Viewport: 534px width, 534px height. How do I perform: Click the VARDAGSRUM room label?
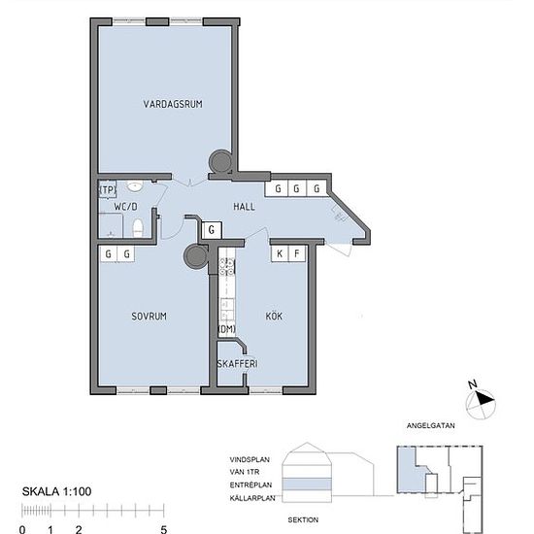tap(172, 104)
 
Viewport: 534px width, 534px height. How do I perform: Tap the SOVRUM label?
tap(150, 317)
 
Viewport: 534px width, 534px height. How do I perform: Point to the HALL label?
tap(244, 207)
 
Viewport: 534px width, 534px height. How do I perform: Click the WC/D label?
tap(126, 207)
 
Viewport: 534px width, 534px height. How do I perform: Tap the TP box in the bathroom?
tap(106, 191)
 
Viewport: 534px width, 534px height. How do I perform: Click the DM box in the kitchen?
tap(226, 330)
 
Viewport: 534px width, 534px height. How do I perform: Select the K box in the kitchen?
tap(280, 254)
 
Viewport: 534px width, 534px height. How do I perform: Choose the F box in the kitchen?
tap(298, 254)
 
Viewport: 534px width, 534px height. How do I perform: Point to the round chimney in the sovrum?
tap(197, 256)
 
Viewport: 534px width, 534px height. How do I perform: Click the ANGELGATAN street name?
tap(431, 425)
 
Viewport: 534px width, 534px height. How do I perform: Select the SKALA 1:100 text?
tap(56, 491)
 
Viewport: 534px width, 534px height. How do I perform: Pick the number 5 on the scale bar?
tap(163, 529)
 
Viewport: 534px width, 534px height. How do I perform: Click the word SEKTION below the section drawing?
tap(305, 519)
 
